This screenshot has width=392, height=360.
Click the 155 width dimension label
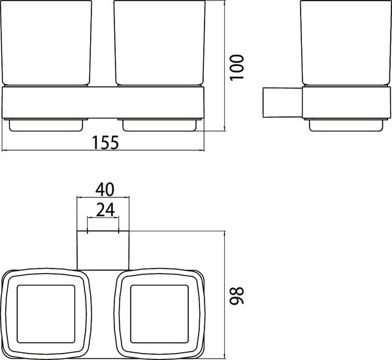105,142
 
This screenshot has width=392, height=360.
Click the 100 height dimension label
237,67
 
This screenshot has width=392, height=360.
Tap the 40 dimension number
105,189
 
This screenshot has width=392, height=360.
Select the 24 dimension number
105,210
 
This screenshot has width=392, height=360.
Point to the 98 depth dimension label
237,296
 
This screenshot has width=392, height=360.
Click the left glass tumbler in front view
46,43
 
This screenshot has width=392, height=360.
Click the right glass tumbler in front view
159,43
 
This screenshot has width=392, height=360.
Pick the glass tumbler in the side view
346,43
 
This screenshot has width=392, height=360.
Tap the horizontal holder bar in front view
103,102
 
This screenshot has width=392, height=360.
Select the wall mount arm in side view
283,103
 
